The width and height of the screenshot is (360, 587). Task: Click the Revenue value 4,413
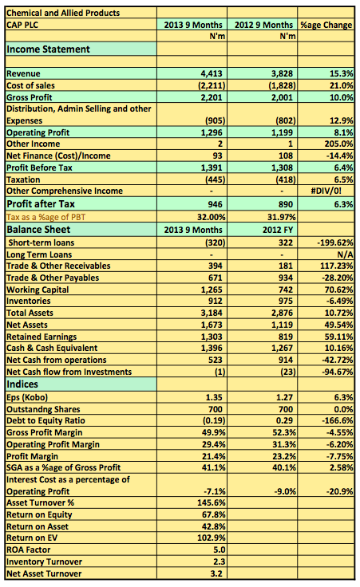212,73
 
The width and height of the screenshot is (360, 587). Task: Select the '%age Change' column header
326,25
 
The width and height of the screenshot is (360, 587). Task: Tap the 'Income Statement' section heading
49,49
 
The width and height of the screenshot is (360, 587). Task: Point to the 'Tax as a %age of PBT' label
46,217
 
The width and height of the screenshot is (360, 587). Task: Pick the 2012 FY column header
278,230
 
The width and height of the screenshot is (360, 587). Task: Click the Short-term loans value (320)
215,242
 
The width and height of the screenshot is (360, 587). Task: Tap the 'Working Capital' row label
38,290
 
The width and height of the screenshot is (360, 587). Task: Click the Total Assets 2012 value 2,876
282,313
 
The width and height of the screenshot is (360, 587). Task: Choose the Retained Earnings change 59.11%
338,337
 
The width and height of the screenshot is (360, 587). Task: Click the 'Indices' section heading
22,384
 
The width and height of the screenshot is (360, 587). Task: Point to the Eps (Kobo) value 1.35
214,397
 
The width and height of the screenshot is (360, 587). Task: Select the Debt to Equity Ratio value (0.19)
214,421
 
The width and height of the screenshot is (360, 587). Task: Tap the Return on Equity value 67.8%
214,515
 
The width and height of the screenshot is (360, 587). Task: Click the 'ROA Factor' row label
29,550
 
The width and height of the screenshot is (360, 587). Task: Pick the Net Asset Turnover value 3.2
216,573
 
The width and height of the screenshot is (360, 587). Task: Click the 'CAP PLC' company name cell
22,25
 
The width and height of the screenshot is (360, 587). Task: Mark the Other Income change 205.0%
338,144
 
